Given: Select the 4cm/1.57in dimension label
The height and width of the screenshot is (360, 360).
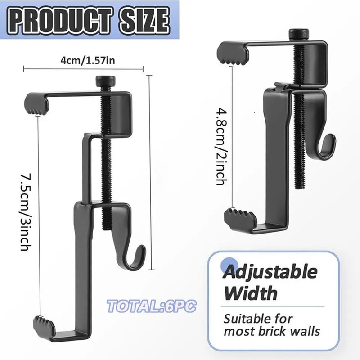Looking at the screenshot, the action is tap(87, 60).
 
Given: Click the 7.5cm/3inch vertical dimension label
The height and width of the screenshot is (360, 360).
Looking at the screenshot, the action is tap(26, 212).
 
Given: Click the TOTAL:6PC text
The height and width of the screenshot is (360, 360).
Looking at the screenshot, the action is tap(152, 306).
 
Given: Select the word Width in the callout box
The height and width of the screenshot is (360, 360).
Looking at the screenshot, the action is tap(251, 293).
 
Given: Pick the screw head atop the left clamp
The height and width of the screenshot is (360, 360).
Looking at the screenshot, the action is tap(106, 81).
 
